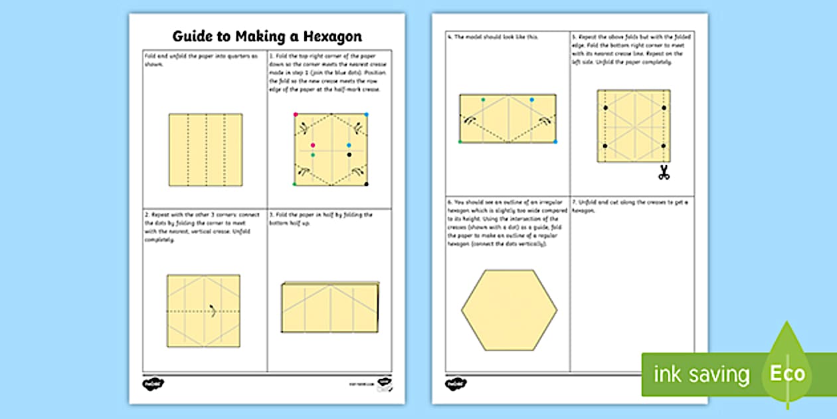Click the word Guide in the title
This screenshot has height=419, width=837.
point(193,36)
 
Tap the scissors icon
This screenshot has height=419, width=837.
point(663,173)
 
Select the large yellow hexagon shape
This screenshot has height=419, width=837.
point(510,310)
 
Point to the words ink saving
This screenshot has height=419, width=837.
point(701,374)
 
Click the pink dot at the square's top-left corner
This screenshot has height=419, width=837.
point(296,114)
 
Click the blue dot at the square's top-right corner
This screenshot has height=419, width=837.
point(366,114)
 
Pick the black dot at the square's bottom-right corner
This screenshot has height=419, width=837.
point(366,184)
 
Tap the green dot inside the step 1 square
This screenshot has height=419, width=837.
point(313,155)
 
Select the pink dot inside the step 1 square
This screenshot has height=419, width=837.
point(313,145)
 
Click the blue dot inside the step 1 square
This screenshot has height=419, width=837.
point(349,145)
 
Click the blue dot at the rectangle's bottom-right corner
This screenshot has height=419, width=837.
point(555,142)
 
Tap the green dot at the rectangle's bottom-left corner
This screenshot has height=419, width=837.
point(460,142)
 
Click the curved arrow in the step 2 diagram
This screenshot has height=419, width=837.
point(212,309)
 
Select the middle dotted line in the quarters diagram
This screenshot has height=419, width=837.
point(205,150)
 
